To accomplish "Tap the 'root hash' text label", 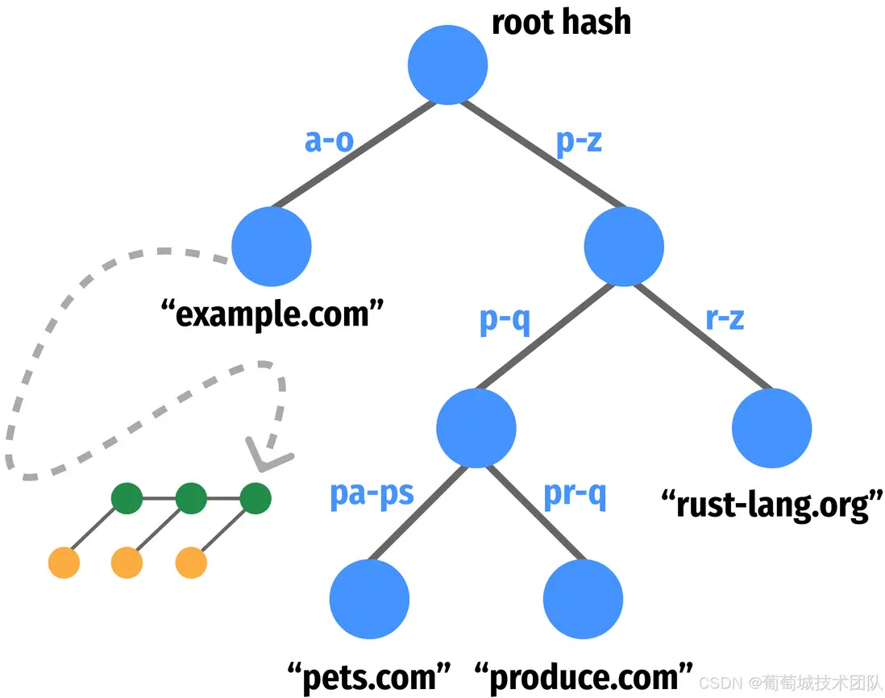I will pyautogui.click(x=561, y=22).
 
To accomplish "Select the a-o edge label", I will pyautogui.click(x=329, y=142).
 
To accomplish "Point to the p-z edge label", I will pyautogui.click(x=580, y=142).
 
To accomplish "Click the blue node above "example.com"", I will pyautogui.click(x=271, y=247).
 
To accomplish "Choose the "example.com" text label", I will pyautogui.click(x=271, y=312).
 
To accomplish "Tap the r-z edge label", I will pyautogui.click(x=725, y=319).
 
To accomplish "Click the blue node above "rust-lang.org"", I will pyautogui.click(x=771, y=428).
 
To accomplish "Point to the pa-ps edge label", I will pyautogui.click(x=372, y=493).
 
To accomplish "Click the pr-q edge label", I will pyautogui.click(x=575, y=493).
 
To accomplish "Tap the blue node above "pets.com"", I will pyautogui.click(x=370, y=600).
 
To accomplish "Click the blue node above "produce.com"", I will pyautogui.click(x=584, y=600).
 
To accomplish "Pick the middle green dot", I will pyautogui.click(x=191, y=499).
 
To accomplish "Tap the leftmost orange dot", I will pyautogui.click(x=64, y=563).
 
